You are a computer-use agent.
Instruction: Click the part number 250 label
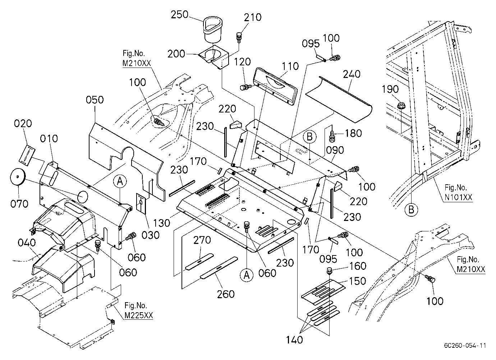click(180, 15)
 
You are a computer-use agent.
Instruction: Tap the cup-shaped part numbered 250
click(213, 29)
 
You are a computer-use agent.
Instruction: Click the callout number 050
click(95, 100)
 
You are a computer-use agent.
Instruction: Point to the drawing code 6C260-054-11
click(465, 345)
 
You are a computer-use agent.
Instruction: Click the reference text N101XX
click(458, 197)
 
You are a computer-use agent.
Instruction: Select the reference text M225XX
click(139, 315)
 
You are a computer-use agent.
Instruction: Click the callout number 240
click(352, 74)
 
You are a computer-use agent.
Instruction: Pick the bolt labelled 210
click(239, 38)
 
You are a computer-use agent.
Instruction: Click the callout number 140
click(294, 340)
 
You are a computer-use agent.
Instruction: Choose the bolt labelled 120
click(245, 87)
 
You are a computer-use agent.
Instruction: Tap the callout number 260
click(226, 294)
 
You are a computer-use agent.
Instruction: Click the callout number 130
click(162, 223)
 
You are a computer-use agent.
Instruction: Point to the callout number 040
click(27, 243)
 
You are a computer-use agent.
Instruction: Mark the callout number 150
click(358, 281)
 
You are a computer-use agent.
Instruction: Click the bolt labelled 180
click(332, 137)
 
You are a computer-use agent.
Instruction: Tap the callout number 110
click(290, 66)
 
